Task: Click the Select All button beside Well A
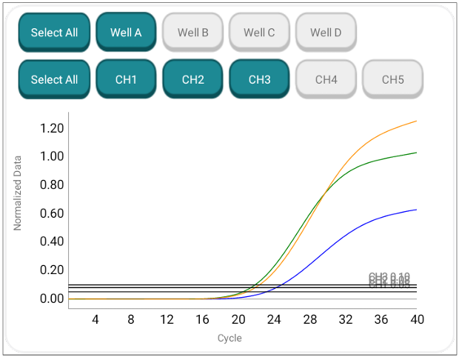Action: [x=54, y=33]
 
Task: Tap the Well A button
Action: [x=126, y=33]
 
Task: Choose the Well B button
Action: [x=192, y=33]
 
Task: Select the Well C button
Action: [x=259, y=33]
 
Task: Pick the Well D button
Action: [x=326, y=33]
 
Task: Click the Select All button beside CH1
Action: [x=54, y=79]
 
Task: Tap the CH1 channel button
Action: [x=126, y=79]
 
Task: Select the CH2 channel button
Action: [x=192, y=79]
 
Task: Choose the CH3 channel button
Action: [x=259, y=79]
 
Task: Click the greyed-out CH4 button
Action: [x=326, y=79]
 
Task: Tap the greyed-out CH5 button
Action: [x=392, y=79]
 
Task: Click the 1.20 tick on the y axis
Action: [x=52, y=128]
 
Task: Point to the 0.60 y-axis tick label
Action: [x=52, y=213]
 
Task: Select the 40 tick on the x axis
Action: [x=418, y=319]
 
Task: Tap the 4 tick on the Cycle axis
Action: [x=95, y=319]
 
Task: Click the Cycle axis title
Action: [x=229, y=339]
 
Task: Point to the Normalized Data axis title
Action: [x=19, y=193]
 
